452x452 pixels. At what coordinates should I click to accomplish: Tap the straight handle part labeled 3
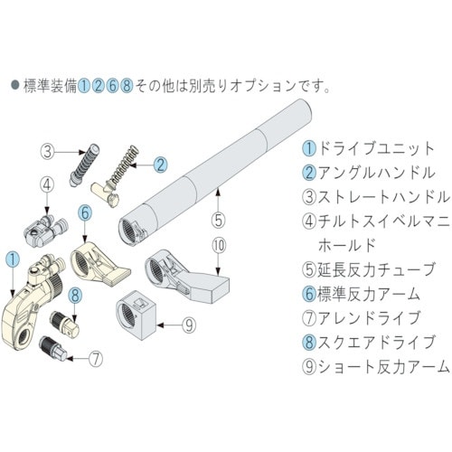point(84,165)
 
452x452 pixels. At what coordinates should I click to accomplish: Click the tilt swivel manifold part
point(45,231)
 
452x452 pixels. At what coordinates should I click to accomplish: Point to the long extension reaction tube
point(215,172)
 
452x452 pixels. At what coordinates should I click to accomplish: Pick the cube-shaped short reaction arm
point(136,315)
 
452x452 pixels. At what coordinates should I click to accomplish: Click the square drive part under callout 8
point(64,325)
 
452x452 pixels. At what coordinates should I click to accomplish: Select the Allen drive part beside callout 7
point(53,348)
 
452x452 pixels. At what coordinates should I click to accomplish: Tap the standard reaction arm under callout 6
point(98,264)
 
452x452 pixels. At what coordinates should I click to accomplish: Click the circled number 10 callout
point(219,246)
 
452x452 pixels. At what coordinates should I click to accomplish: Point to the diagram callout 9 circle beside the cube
point(189,325)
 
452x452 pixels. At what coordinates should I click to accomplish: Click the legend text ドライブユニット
point(376,148)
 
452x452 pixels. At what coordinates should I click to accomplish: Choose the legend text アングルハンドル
point(377,173)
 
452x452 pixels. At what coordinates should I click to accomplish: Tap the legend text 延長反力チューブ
point(376,269)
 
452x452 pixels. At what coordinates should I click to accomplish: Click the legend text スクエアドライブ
point(376,342)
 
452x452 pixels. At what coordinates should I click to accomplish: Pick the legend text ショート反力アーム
point(383,366)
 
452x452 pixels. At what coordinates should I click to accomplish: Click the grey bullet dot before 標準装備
point(15,85)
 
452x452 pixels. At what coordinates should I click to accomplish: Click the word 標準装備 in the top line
point(50,86)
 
